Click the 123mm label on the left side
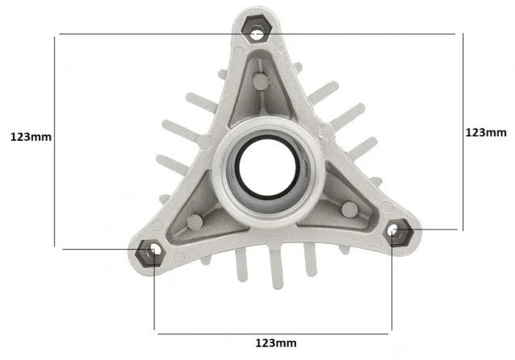point(31,137)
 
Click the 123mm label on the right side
point(486,133)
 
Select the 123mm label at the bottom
point(276,343)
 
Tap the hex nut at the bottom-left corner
point(149,253)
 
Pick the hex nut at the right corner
point(398,233)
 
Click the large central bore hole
point(268,168)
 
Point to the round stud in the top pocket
point(261,81)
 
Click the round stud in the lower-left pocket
point(195,222)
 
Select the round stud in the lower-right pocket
point(349,209)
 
